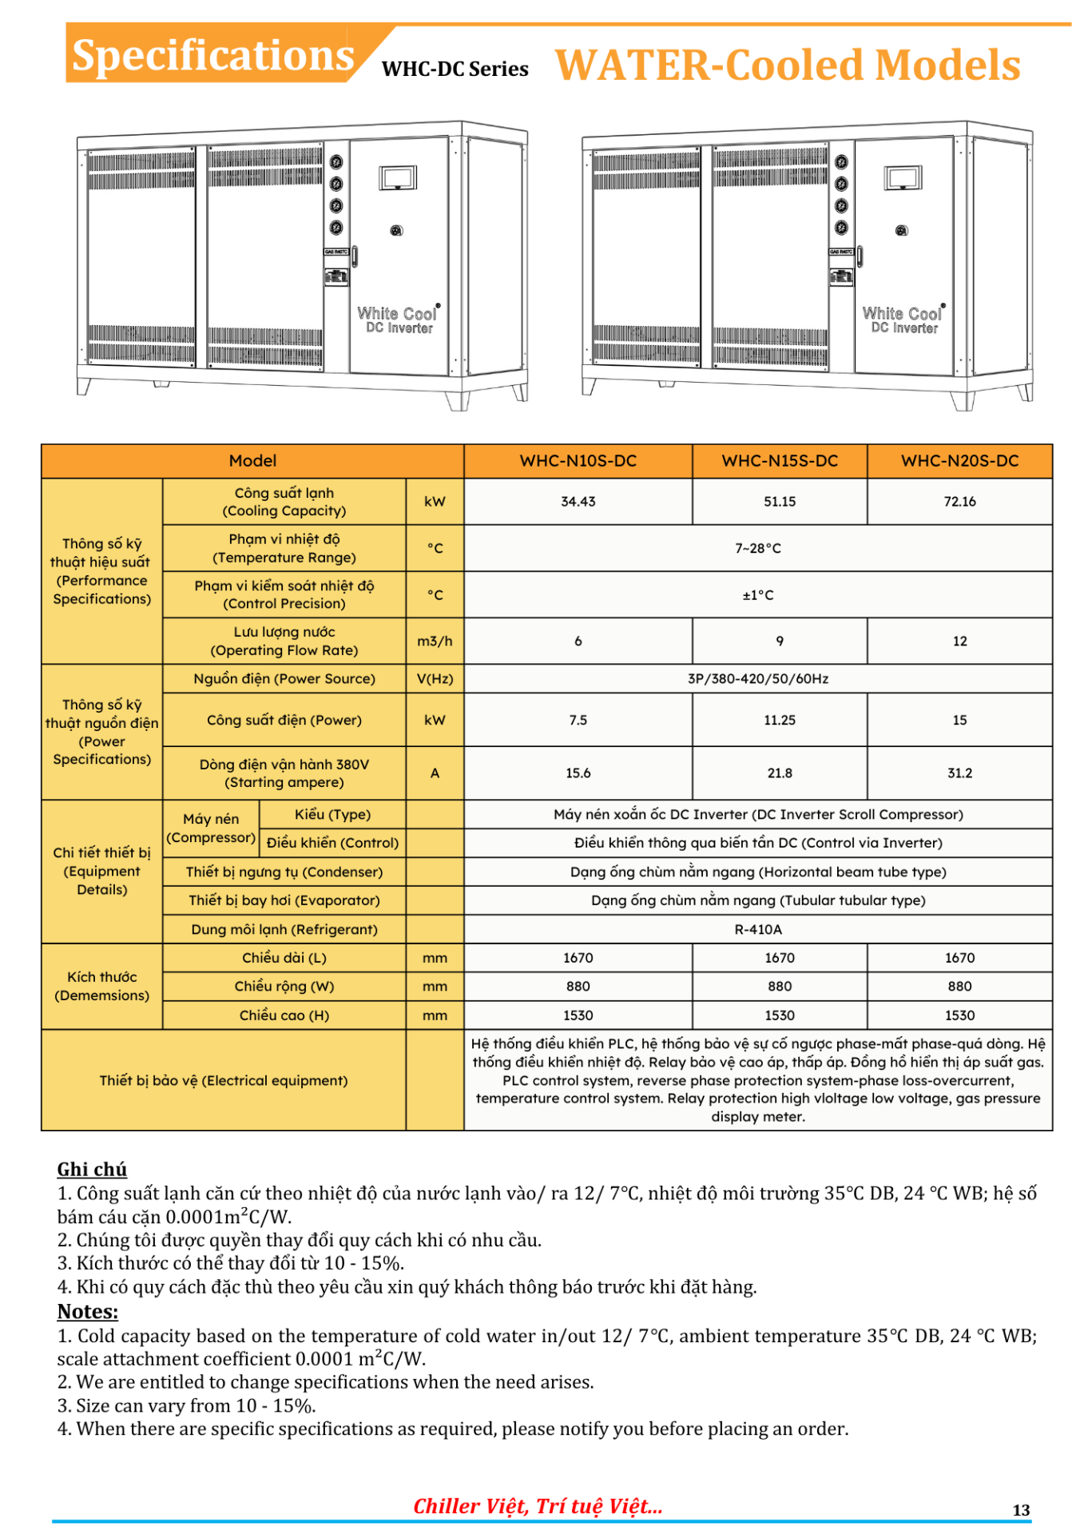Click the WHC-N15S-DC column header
click(x=779, y=461)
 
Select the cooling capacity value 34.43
click(x=578, y=502)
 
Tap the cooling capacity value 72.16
click(x=959, y=502)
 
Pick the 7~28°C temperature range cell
click(x=757, y=548)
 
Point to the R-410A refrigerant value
click(x=757, y=929)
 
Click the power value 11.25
click(x=779, y=720)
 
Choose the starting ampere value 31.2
click(x=959, y=773)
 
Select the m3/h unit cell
click(x=435, y=641)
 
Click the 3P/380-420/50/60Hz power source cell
click(x=757, y=678)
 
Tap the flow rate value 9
click(x=779, y=641)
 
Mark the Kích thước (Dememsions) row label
click(x=101, y=986)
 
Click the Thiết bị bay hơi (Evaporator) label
click(x=284, y=900)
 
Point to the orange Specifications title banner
click(x=212, y=55)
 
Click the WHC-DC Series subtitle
click(x=455, y=70)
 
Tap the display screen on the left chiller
click(x=398, y=177)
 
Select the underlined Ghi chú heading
click(x=92, y=1169)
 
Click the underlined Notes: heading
click(x=88, y=1311)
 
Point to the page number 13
click(x=1020, y=1509)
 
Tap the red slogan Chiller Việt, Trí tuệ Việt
click(x=538, y=1506)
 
